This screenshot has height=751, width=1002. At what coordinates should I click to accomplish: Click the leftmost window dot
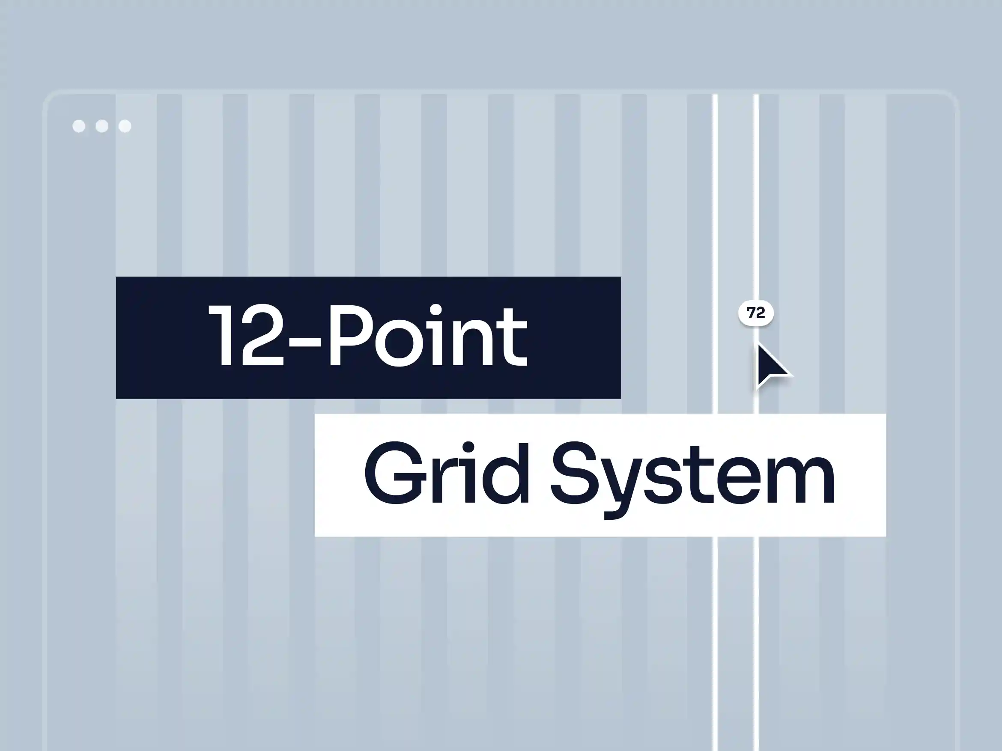coord(79,126)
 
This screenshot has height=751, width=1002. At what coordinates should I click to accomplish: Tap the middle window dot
coord(102,126)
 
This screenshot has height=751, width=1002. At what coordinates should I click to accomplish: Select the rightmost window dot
coord(125,126)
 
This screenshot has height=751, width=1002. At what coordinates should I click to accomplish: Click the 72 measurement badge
coord(756,313)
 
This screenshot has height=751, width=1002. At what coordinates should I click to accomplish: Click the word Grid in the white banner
coord(446,474)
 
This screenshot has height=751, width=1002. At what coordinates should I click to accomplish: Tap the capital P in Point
coord(349,336)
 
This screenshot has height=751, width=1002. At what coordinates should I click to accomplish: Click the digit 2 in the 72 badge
coord(760,313)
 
